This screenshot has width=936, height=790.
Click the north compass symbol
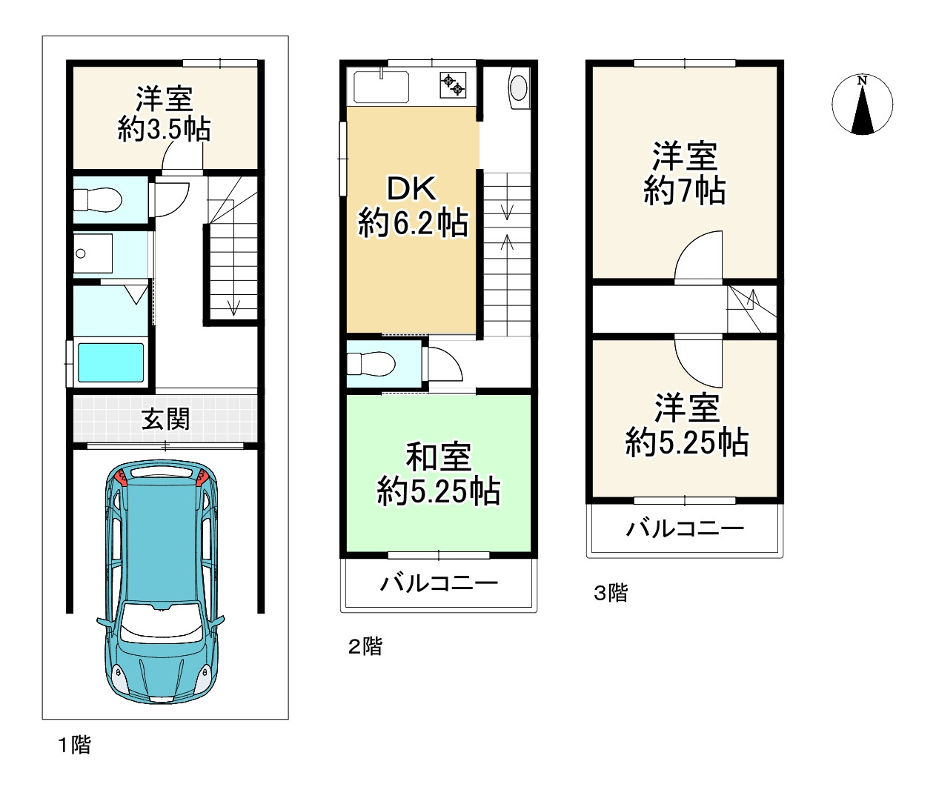click(x=862, y=104)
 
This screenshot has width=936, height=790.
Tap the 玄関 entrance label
click(x=165, y=419)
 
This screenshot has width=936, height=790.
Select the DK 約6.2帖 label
click(x=412, y=206)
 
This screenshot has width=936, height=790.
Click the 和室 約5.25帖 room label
click(x=439, y=474)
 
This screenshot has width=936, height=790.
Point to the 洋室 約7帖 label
click(x=685, y=173)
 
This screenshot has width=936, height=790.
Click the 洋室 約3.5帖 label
click(x=164, y=114)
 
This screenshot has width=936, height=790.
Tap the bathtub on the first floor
click(x=110, y=362)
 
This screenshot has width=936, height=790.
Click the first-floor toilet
click(x=98, y=199)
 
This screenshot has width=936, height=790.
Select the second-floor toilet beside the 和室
click(x=371, y=364)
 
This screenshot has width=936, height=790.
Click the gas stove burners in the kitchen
click(x=453, y=85)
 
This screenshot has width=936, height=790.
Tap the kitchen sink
click(x=381, y=87)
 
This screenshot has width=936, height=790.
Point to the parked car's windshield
click(x=161, y=622)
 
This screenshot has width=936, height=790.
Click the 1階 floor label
click(x=74, y=746)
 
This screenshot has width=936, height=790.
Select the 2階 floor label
click(x=365, y=646)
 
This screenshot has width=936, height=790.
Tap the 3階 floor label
click(x=611, y=593)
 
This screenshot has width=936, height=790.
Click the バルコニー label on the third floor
click(x=685, y=529)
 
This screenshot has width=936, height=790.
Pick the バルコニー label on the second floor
click(x=439, y=583)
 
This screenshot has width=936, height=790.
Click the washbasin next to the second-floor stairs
click(x=519, y=88)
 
